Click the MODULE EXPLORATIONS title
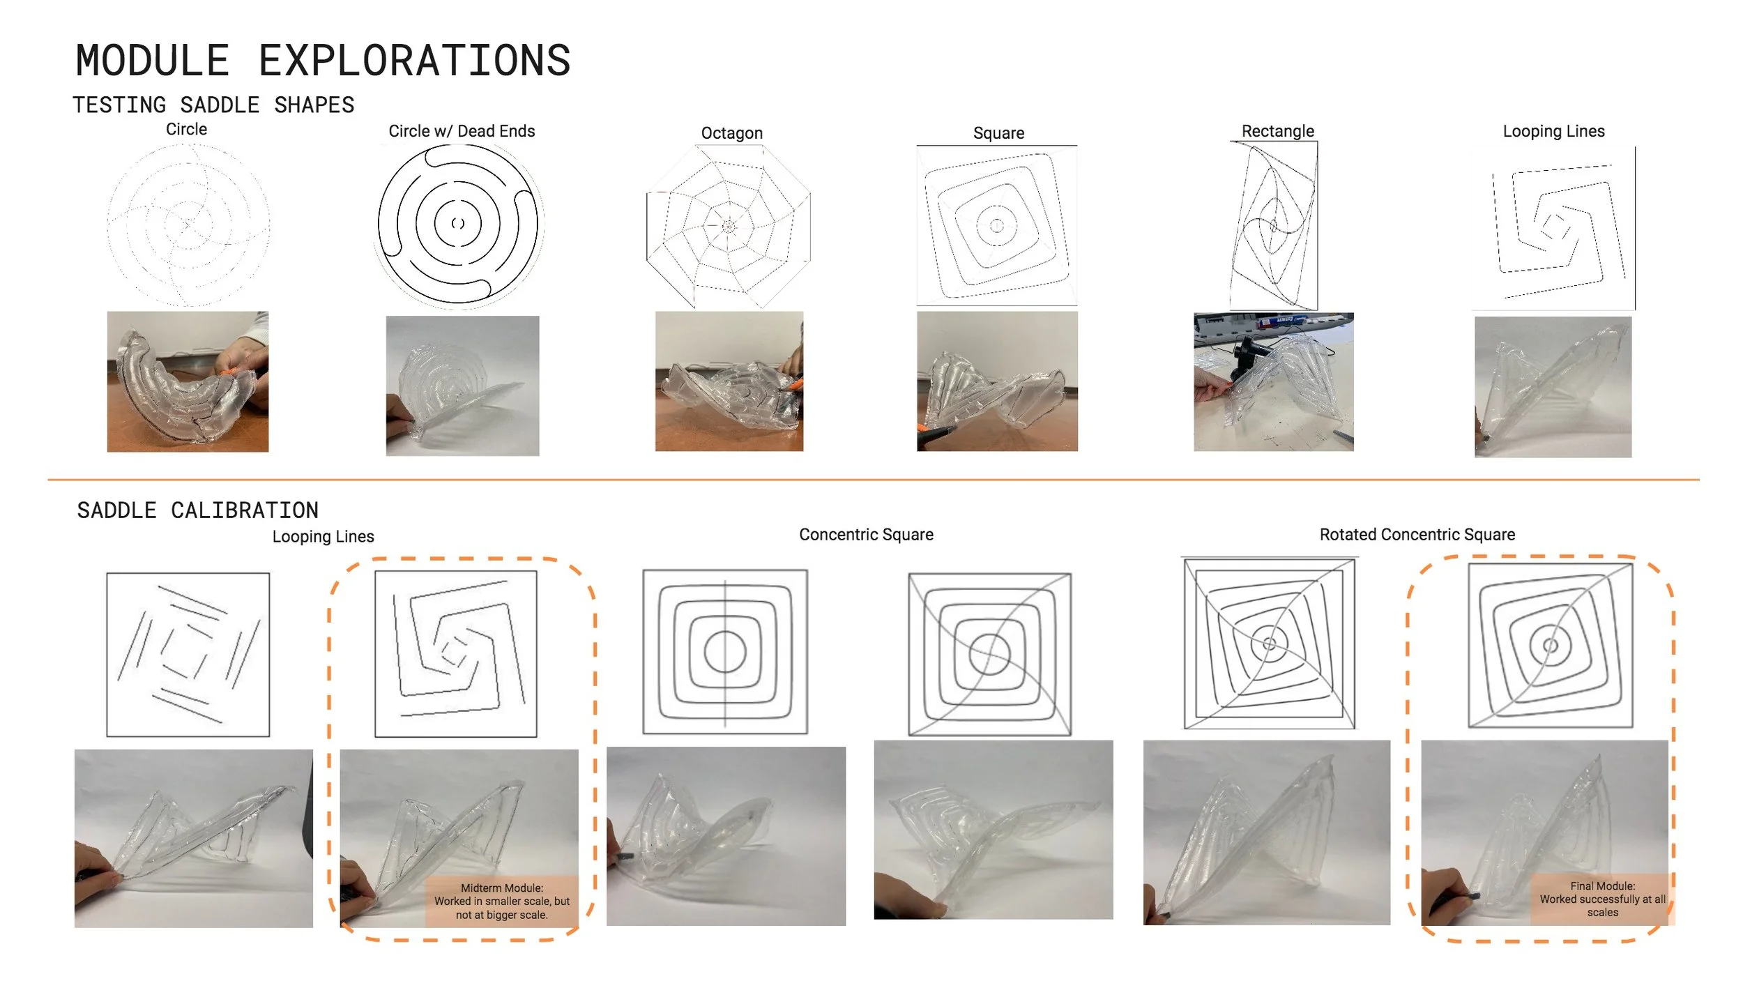(323, 60)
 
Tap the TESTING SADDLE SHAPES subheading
(213, 105)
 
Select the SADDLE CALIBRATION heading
(197, 510)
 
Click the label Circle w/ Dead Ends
(462, 131)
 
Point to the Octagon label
(732, 133)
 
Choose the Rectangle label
(1278, 131)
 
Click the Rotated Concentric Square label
(1417, 535)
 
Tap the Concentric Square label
(866, 535)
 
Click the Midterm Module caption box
(502, 901)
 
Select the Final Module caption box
(1602, 899)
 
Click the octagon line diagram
(729, 226)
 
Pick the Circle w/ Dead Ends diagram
(458, 225)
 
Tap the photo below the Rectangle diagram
(1273, 382)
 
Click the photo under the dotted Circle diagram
(188, 381)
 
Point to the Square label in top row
(998, 133)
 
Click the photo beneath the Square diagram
(997, 381)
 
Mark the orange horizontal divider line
(874, 480)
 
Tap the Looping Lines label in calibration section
(323, 537)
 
